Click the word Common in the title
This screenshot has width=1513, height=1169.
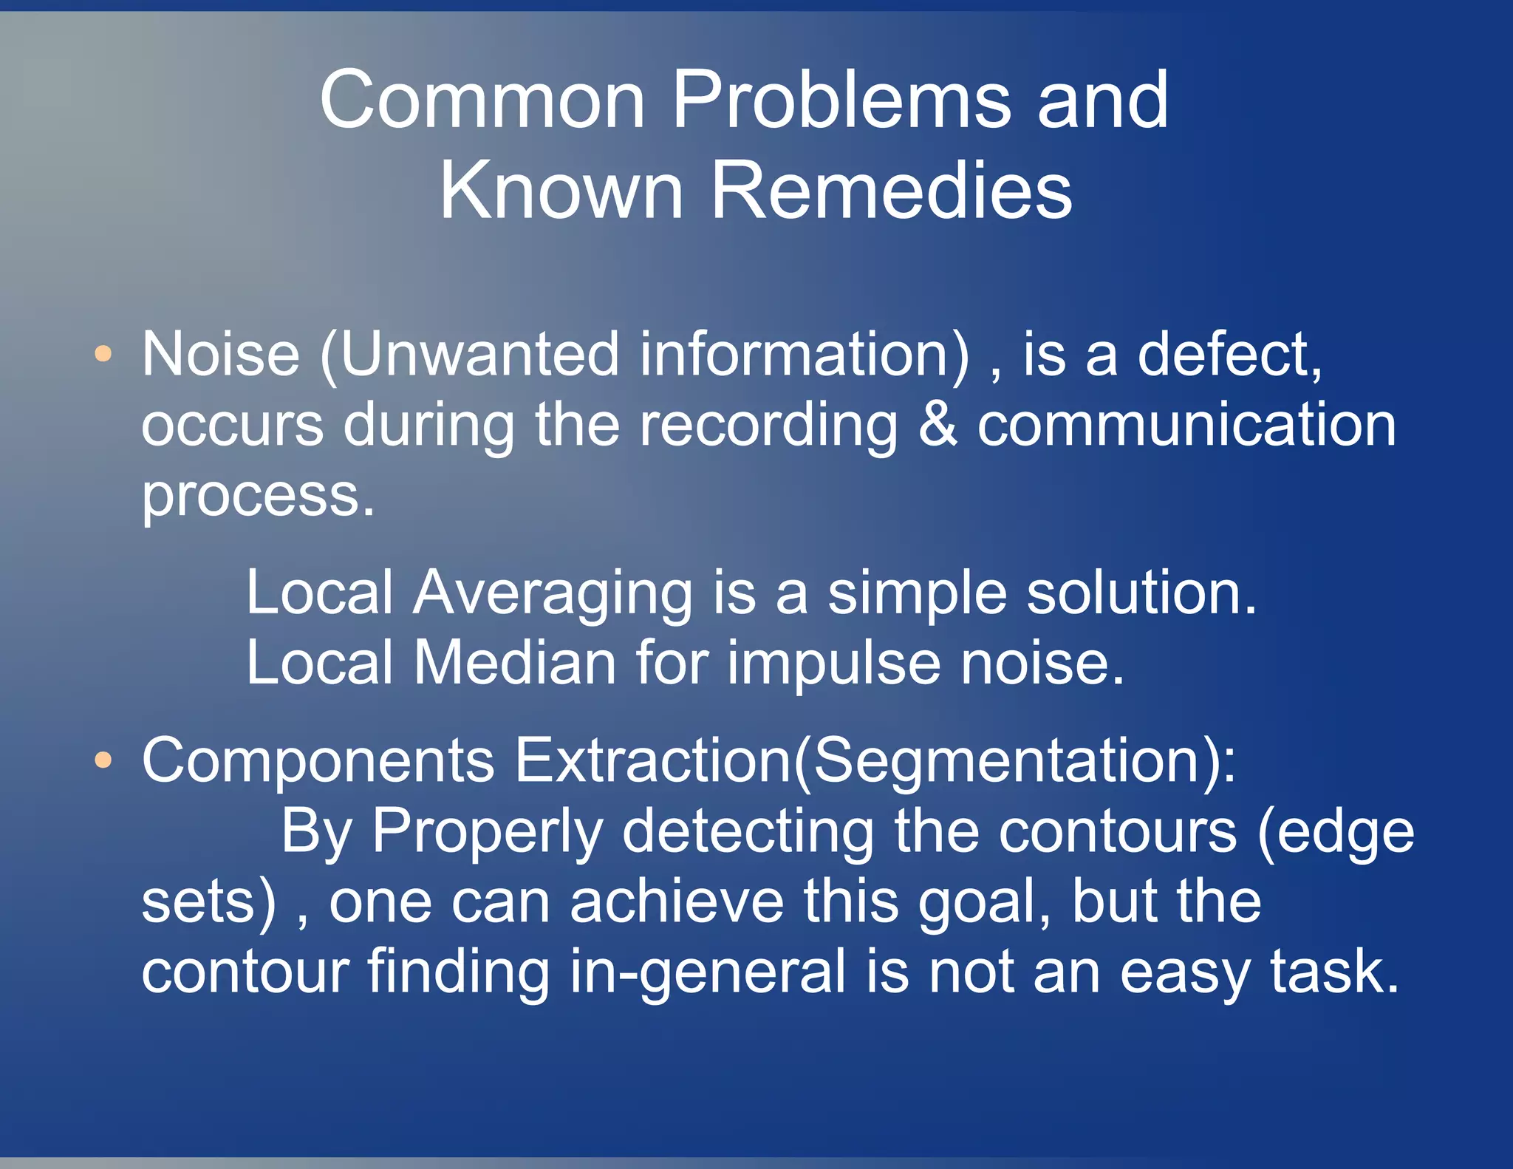pos(482,100)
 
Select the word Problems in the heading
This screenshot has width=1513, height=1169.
pos(841,100)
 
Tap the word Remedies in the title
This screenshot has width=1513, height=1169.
pos(891,191)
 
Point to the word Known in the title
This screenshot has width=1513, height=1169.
pos(561,191)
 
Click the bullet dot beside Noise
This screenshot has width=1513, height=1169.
pos(103,354)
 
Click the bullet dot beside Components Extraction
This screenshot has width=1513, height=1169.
pos(103,760)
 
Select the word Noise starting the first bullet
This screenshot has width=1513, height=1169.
pos(220,355)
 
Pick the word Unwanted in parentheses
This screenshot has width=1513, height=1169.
pos(479,355)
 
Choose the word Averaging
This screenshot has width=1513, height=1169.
pos(552,594)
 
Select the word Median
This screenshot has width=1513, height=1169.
pos(514,663)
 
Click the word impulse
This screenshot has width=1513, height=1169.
pos(833,663)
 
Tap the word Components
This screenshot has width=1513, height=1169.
pos(318,760)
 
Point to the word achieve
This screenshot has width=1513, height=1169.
pos(677,902)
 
